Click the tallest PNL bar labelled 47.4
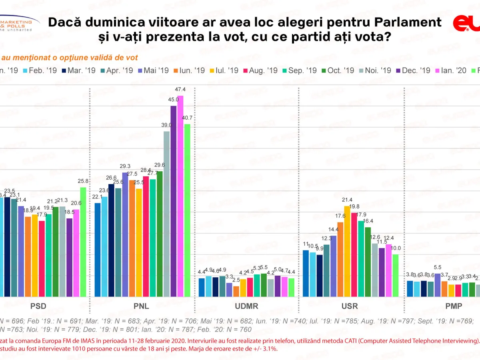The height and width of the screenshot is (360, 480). pos(180,196)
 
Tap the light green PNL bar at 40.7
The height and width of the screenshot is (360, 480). pos(187,210)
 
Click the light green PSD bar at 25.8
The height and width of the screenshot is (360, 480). pos(83,242)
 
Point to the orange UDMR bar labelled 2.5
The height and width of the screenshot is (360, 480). pos(236,291)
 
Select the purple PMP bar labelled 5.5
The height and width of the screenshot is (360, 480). pos(437,285)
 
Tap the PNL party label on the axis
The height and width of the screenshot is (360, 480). pos(142,307)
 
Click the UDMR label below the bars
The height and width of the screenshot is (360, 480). pos(246,307)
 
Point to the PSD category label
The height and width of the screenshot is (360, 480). pos(38,307)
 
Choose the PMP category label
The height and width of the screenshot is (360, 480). pos(454,307)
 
